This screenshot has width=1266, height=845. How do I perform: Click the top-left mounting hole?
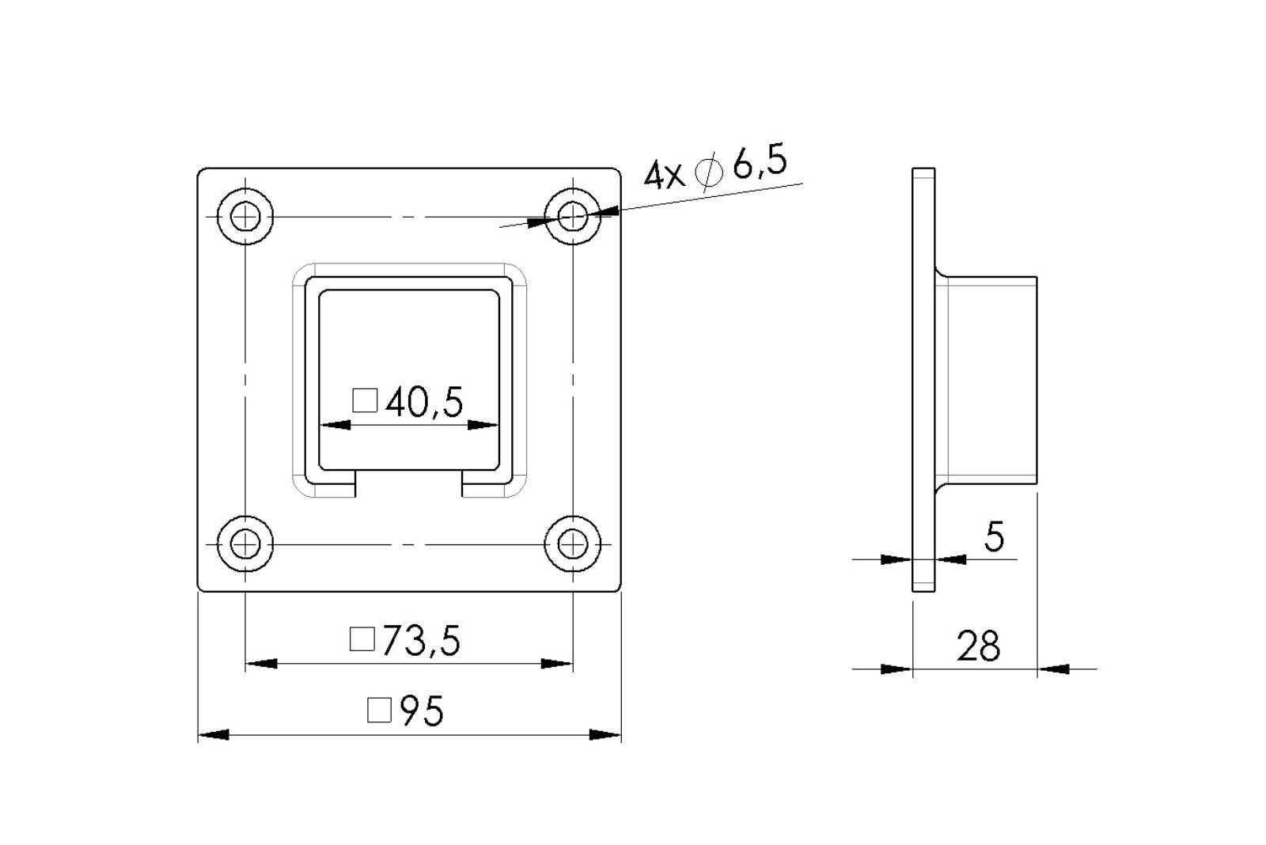[246, 216]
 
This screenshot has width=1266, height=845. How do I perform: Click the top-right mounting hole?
[573, 216]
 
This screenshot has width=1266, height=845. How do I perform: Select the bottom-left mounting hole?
[246, 544]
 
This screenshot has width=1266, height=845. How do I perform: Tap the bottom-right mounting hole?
[573, 544]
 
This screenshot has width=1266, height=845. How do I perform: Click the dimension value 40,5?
[424, 403]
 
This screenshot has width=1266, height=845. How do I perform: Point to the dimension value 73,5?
[420, 641]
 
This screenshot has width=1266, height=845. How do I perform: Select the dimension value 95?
[422, 711]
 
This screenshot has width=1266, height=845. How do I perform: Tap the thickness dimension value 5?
[994, 538]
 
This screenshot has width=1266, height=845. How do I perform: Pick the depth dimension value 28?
[978, 646]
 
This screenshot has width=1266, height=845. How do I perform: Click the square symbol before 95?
[380, 710]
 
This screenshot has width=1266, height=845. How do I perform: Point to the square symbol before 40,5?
[365, 401]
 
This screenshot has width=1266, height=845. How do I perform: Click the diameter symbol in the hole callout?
[708, 173]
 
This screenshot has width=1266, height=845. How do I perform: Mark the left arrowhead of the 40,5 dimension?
[335, 426]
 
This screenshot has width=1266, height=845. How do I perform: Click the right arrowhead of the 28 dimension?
[1053, 669]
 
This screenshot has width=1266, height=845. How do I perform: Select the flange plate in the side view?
[923, 380]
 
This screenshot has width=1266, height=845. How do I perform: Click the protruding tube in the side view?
[989, 380]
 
